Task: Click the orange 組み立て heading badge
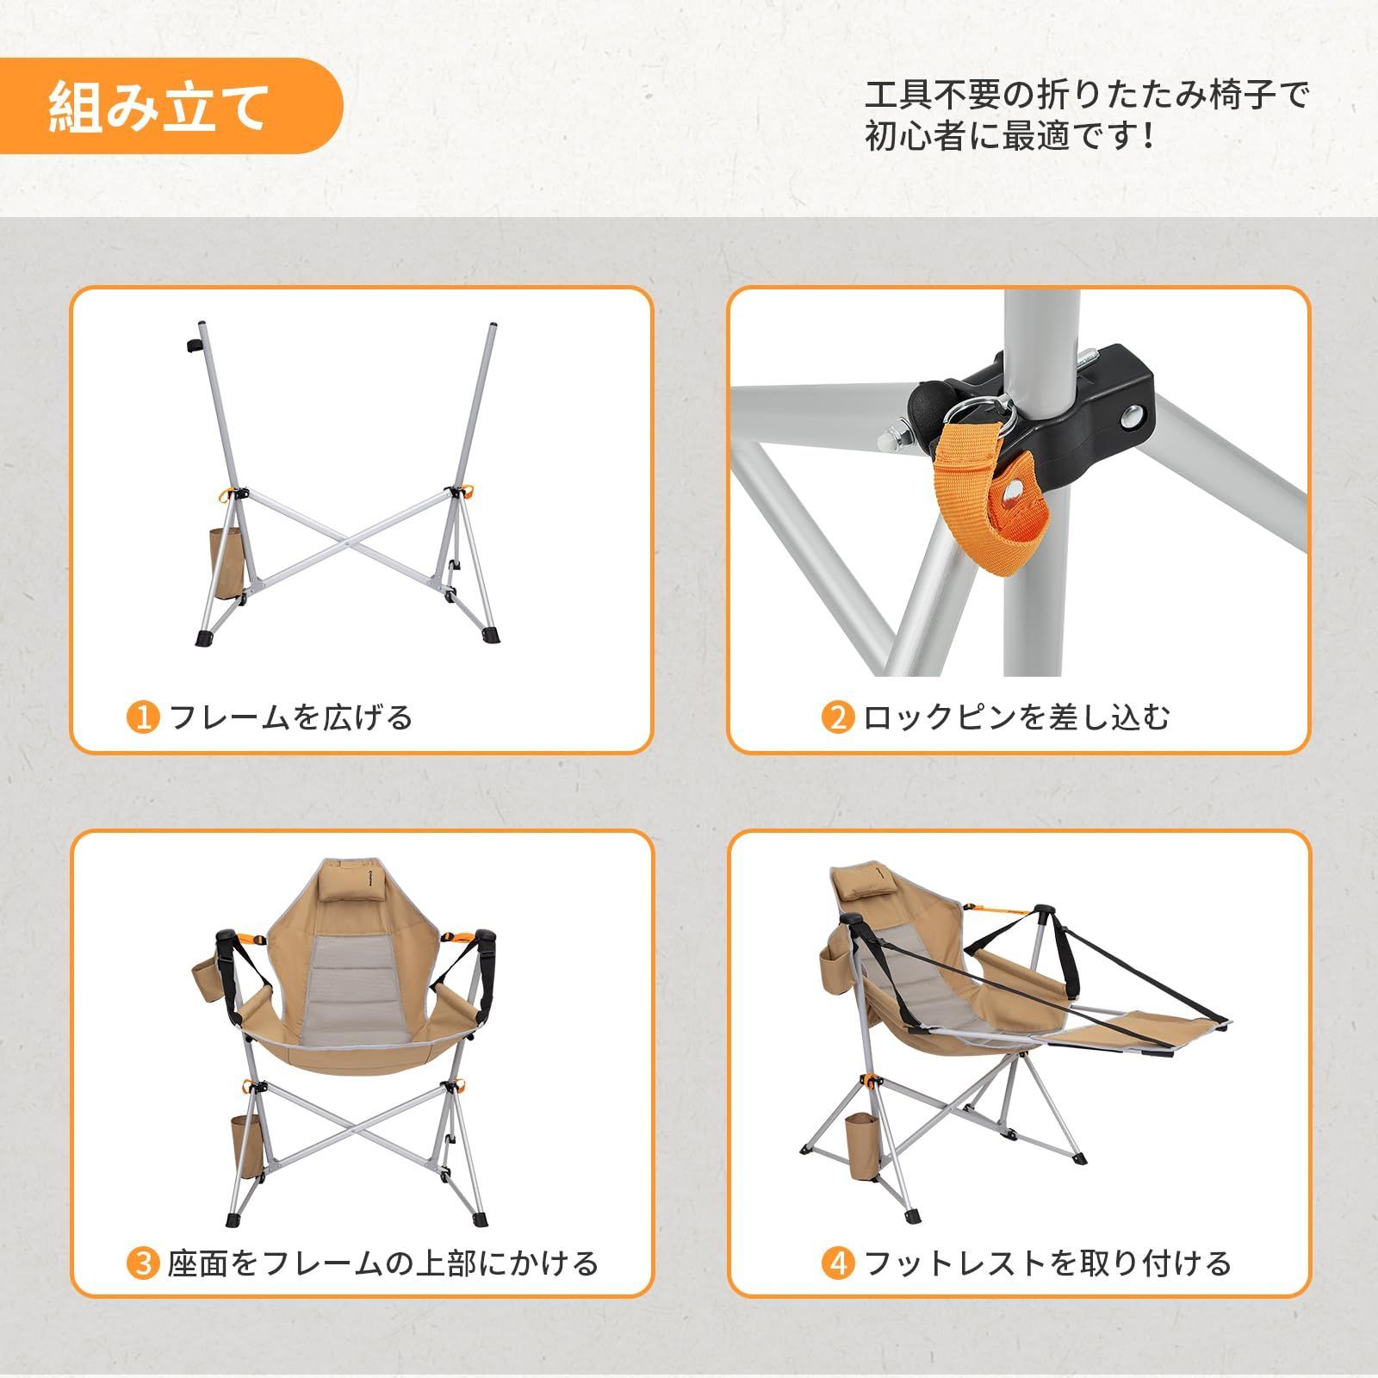click(x=172, y=106)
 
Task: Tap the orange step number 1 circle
click(x=143, y=717)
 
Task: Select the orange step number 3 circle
click(x=143, y=1263)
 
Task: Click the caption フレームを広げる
click(x=291, y=717)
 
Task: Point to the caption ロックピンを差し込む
click(x=1016, y=717)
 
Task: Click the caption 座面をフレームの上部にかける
click(x=382, y=1263)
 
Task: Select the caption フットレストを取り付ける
click(x=1046, y=1263)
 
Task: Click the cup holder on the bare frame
click(x=226, y=564)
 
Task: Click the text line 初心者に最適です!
click(x=1008, y=136)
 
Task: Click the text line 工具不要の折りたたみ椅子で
click(x=1085, y=95)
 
